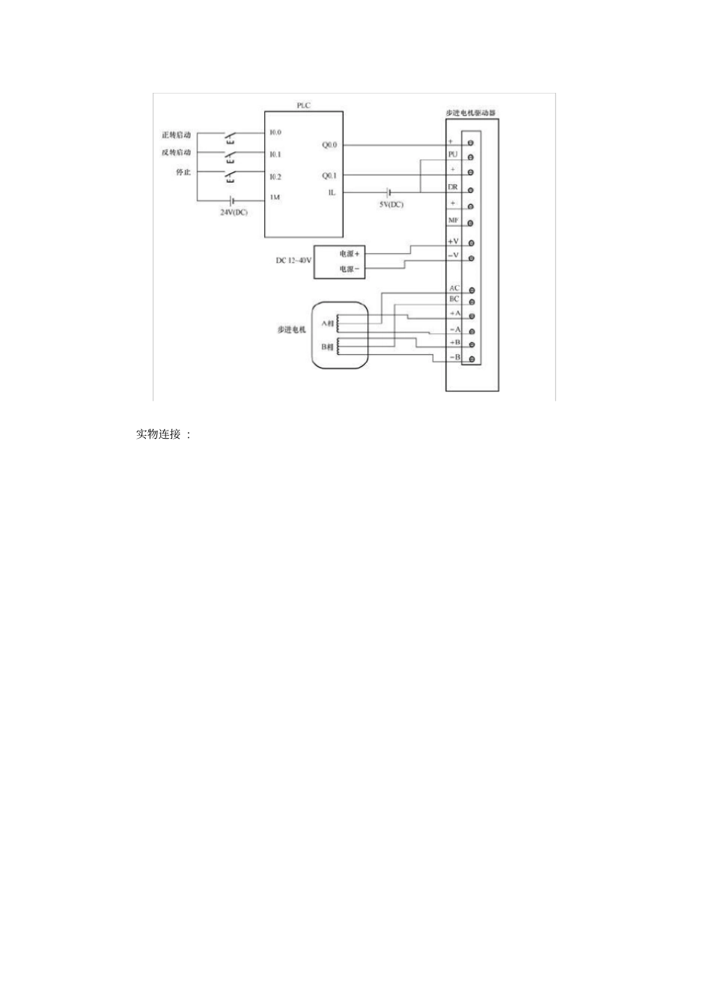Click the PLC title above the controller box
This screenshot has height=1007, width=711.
coord(303,106)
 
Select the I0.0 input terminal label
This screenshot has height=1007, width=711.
coord(275,133)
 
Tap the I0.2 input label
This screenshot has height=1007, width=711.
coord(275,177)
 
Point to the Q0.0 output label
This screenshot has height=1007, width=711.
coord(329,144)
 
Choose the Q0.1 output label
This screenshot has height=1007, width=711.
coord(329,176)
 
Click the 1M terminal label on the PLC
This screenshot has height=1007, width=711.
coord(275,198)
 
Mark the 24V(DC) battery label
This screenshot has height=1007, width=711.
coord(234,212)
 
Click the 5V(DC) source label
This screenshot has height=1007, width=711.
coord(391,204)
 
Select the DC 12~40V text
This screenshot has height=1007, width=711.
coord(293,261)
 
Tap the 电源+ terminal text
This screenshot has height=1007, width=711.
coord(350,254)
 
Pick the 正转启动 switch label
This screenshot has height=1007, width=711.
coord(177,136)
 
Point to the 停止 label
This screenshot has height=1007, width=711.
coord(183,172)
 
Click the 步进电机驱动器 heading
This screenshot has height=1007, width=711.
coord(471,113)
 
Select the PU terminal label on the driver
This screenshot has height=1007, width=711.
coord(453,153)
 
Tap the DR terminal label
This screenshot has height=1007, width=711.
coord(453,187)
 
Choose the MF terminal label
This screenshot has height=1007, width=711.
coord(454,220)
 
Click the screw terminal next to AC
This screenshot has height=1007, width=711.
coord(471,290)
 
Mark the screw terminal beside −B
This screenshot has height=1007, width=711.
coord(471,359)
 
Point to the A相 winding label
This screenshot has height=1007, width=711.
coord(328,323)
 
